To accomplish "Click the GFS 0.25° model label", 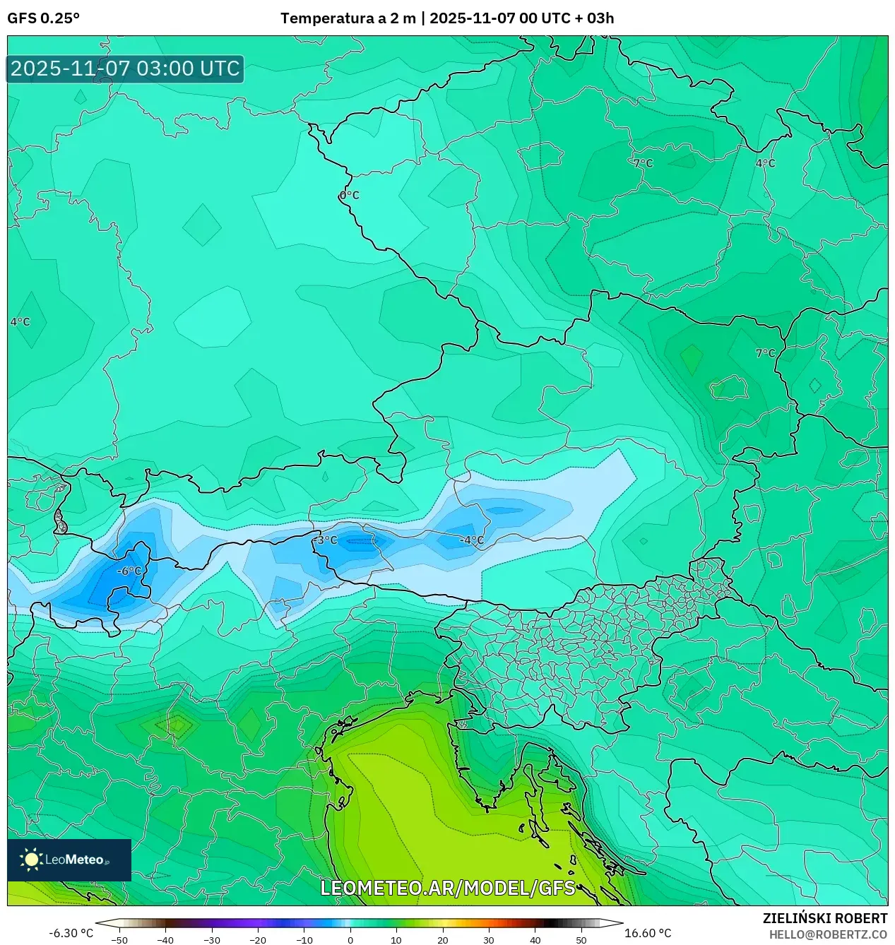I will point(43,18).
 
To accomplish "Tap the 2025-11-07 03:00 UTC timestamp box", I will point(125,69).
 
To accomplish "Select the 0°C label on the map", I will point(350,195).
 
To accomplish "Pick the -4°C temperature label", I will point(471,540).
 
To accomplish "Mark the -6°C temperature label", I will point(129,571).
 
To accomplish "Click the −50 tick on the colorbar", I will point(119,939).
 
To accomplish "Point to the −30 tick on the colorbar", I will point(212,939).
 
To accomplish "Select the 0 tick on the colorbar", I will point(350,939).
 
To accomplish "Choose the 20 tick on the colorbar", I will point(442,939).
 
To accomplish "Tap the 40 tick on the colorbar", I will point(535,939).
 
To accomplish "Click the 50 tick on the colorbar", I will point(581,939).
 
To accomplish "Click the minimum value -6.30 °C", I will point(71,933).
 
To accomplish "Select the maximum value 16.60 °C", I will point(648,933).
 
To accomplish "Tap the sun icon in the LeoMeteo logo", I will point(32,860).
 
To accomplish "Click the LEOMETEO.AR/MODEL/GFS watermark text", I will point(448,888).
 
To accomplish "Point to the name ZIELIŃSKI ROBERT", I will point(825,918).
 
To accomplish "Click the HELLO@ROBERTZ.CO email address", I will point(828,934).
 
